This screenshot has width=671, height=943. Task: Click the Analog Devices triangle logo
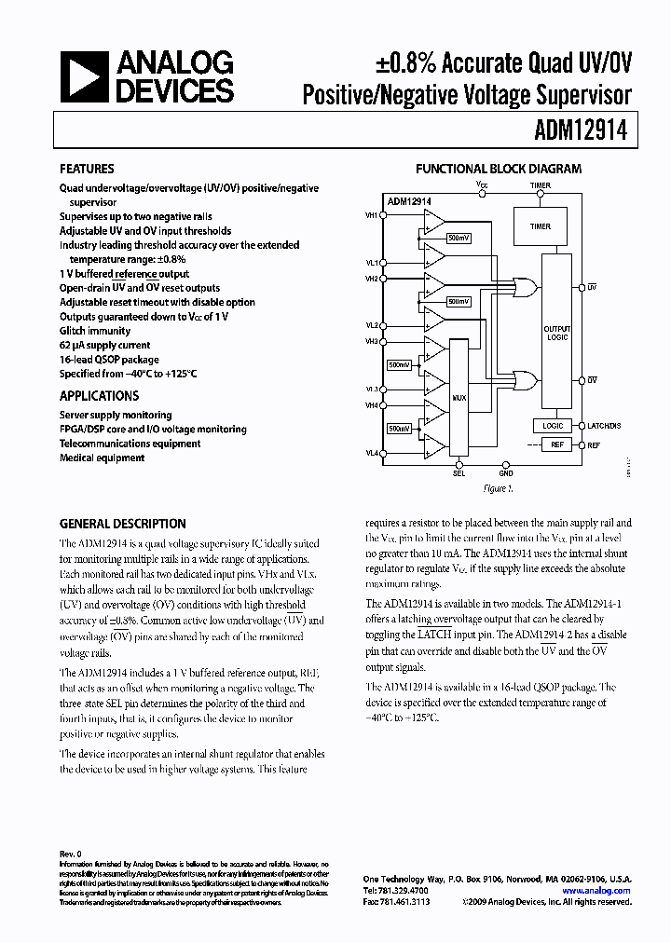coord(85,77)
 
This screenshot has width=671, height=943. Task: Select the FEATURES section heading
coord(87,170)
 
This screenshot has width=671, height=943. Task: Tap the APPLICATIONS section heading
coord(100,396)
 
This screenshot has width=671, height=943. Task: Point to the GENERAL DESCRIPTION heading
coord(123,524)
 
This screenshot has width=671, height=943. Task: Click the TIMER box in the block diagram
coord(541,226)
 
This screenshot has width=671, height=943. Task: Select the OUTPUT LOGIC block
coord(557,333)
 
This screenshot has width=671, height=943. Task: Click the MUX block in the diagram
coord(459,398)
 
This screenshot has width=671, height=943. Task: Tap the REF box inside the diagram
coord(556,445)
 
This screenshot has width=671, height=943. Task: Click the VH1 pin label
coord(373,215)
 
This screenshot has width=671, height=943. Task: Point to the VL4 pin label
coord(373,453)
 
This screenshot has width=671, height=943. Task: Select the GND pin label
coord(506,472)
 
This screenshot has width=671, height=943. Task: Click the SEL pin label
coord(459,472)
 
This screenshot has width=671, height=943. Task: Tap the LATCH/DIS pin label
coord(604,426)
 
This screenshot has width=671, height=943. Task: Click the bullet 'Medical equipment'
coord(103,458)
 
